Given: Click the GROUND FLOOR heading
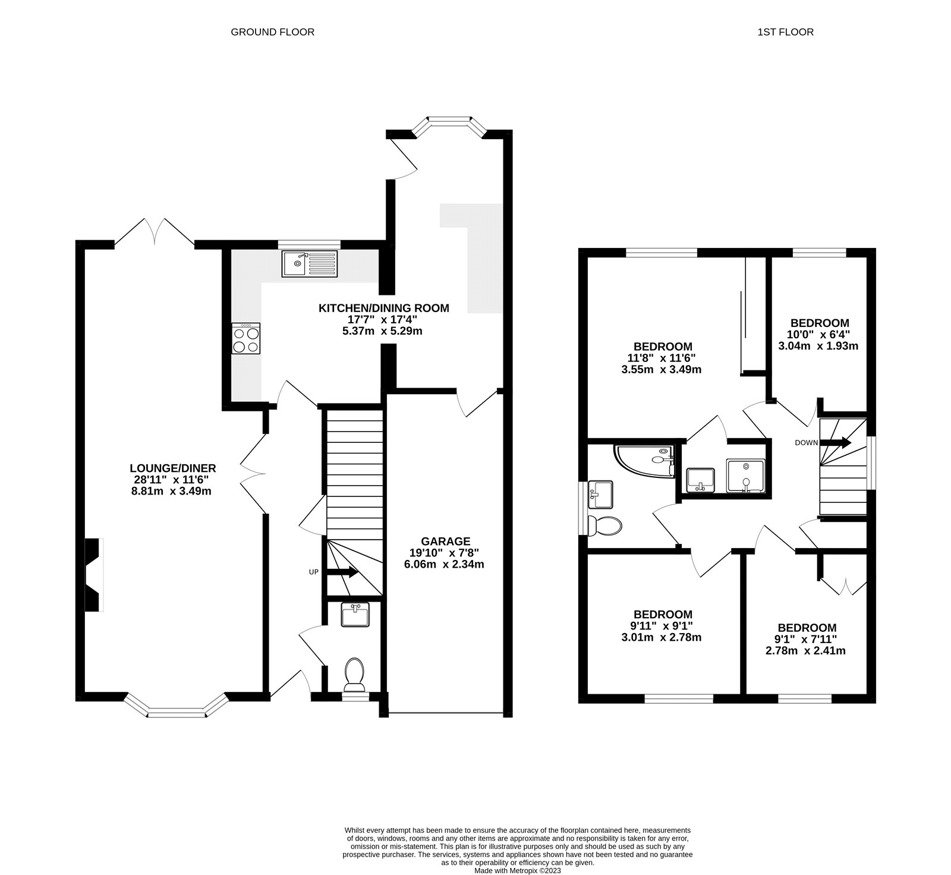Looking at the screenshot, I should [x=272, y=32].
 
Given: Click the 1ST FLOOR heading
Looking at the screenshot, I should [x=785, y=32].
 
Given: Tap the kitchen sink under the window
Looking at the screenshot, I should [x=310, y=263].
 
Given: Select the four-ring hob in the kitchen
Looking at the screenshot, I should [x=246, y=339].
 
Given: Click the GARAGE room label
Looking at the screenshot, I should [x=445, y=541].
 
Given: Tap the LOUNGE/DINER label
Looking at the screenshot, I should [x=173, y=468].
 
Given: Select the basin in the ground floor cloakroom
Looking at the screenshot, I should [x=355, y=615].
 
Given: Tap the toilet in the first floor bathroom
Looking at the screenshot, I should [x=604, y=525].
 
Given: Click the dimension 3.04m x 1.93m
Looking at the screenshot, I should [x=818, y=346].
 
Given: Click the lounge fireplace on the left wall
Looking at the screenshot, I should [x=93, y=574].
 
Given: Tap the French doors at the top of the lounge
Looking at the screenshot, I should [x=155, y=232].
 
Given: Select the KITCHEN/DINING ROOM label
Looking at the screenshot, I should [x=384, y=308].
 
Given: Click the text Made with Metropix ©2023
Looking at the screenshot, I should [x=517, y=870].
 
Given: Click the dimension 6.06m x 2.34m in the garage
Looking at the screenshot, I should [x=445, y=564].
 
